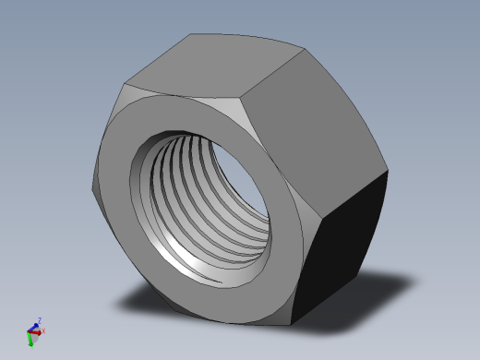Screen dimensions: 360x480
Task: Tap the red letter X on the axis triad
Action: pos(43,331)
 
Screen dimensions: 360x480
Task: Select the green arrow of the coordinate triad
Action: pos(30,340)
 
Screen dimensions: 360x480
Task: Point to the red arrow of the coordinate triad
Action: pos(38,331)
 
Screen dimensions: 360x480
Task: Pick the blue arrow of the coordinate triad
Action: pos(34,326)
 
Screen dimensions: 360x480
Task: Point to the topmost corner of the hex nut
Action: pos(191,35)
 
